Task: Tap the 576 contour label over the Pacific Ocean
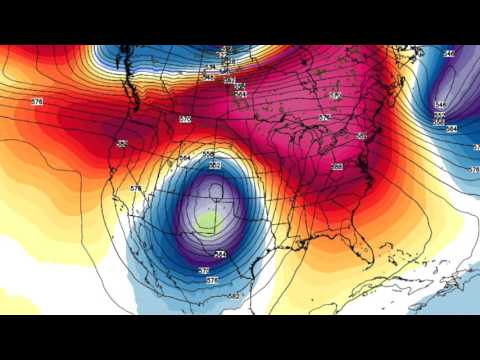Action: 37,102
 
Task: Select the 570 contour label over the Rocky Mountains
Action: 185,119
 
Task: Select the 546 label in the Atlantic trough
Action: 440,104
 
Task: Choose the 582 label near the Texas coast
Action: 233,296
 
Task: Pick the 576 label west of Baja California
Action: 108,188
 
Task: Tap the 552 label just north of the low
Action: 209,154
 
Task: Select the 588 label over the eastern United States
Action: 337,167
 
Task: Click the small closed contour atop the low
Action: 214,164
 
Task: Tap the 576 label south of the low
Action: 211,281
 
